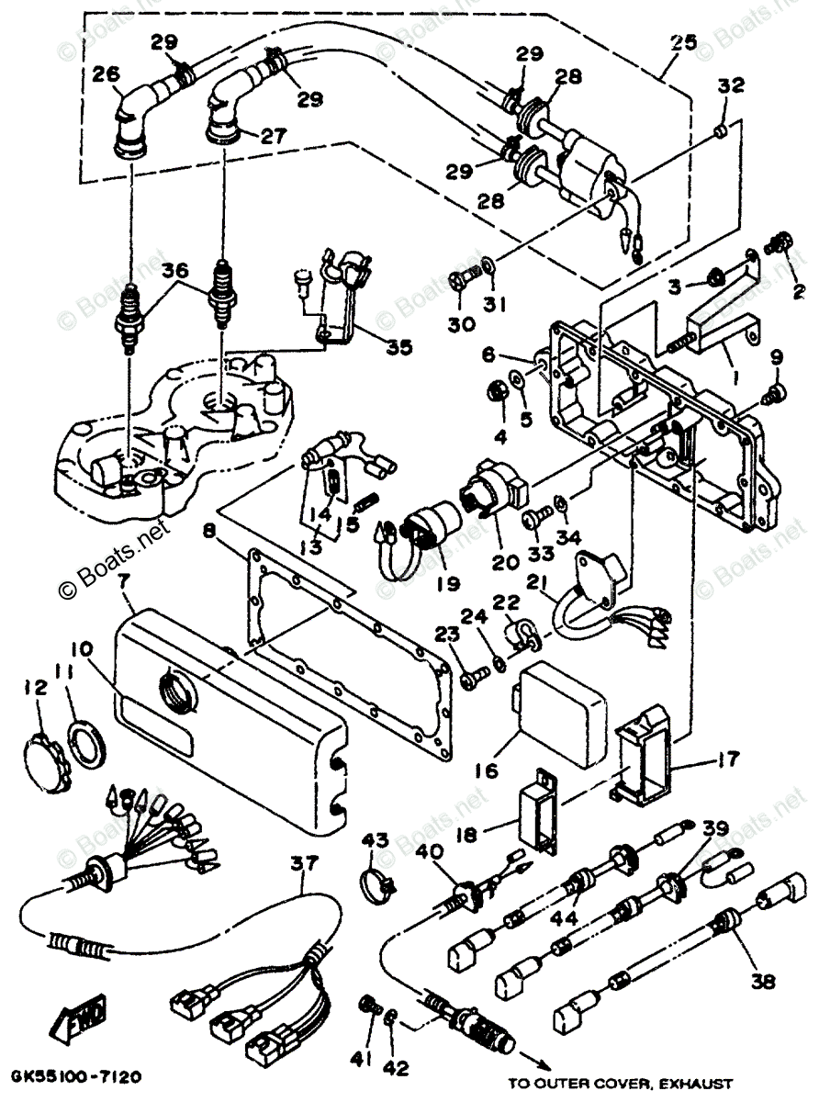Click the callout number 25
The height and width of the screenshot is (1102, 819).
tap(682, 41)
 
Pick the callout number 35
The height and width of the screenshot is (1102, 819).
tap(398, 348)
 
